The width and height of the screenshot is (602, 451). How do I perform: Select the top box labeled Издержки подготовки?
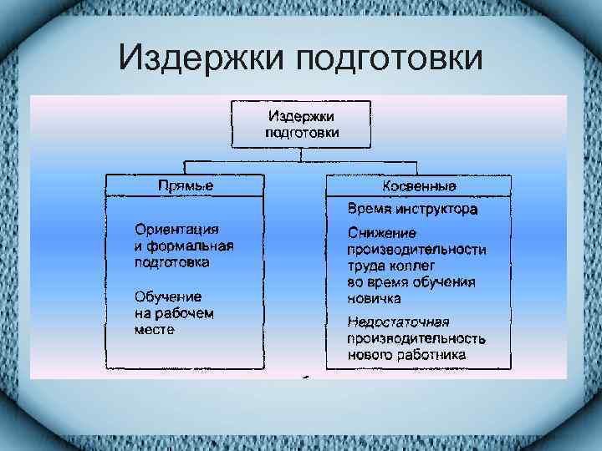coord(302,124)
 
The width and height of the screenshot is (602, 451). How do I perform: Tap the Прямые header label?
coord(186,185)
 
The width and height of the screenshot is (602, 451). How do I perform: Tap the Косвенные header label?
coord(418,185)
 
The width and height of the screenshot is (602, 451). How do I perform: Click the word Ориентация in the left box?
coord(176,229)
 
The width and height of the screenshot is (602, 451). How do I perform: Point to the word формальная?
coord(190,246)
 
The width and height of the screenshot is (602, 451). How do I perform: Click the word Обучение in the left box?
coord(167,296)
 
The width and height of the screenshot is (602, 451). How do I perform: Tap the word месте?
coord(155,330)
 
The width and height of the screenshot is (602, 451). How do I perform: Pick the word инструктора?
coord(438,209)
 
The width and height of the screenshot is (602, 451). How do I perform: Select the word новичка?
coord(374,298)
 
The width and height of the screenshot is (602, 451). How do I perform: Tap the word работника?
coord(433,356)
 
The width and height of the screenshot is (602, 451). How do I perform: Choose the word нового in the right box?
coord(371,356)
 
